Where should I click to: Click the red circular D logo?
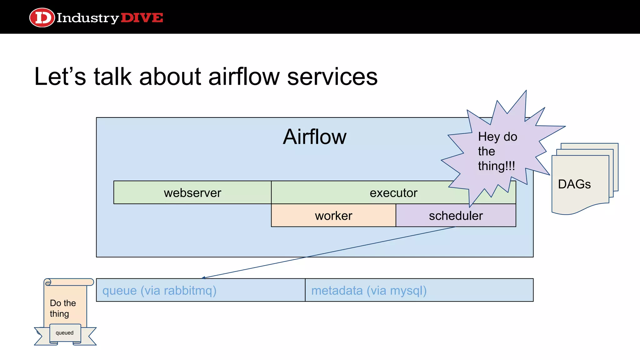tap(42, 17)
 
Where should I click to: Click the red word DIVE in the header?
tap(142, 18)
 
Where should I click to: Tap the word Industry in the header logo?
tap(87, 18)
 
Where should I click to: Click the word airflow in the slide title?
tap(244, 77)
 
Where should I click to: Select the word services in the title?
tap(332, 77)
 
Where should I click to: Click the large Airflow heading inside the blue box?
tap(314, 137)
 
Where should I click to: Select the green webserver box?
tap(192, 192)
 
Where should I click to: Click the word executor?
tap(393, 193)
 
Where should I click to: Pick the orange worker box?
tap(333, 216)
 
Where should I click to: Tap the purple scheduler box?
tap(456, 216)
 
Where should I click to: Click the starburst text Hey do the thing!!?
tap(497, 151)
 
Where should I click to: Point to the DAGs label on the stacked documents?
tap(574, 184)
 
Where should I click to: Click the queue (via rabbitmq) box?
tap(200, 290)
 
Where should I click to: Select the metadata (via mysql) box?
tap(419, 290)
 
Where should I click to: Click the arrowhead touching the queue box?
tap(203, 277)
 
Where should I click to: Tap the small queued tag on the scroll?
tap(65, 333)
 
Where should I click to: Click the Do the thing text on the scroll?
tap(63, 308)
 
